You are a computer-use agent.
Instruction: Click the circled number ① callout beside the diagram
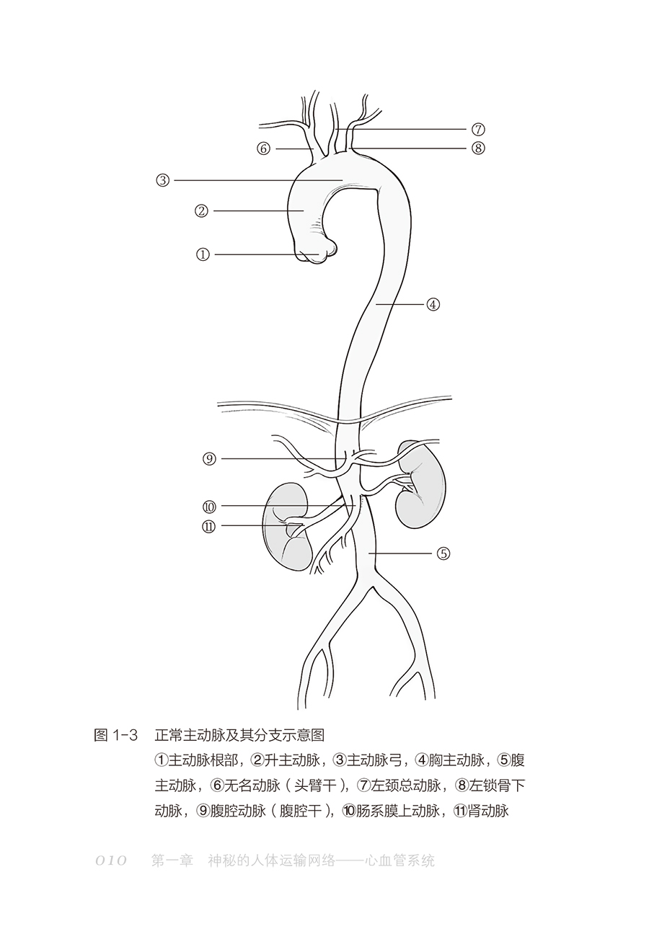pyautogui.click(x=203, y=254)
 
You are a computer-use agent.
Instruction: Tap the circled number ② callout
pyautogui.click(x=201, y=211)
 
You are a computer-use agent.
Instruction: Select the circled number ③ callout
pyautogui.click(x=163, y=180)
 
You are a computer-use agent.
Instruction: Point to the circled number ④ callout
pyautogui.click(x=433, y=304)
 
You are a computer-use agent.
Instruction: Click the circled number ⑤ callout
pyautogui.click(x=443, y=553)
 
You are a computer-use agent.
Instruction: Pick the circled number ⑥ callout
pyautogui.click(x=263, y=149)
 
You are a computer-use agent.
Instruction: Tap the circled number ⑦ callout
pyautogui.click(x=477, y=130)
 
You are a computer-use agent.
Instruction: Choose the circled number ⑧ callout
pyautogui.click(x=477, y=148)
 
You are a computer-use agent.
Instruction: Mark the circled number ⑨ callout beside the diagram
pyautogui.click(x=209, y=458)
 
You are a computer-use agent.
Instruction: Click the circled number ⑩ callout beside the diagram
pyautogui.click(x=209, y=507)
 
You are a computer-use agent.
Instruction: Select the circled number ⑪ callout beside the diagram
pyautogui.click(x=209, y=526)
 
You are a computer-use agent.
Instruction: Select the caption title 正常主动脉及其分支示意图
pyautogui.click(x=239, y=735)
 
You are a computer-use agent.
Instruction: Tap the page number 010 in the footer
pyautogui.click(x=111, y=860)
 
